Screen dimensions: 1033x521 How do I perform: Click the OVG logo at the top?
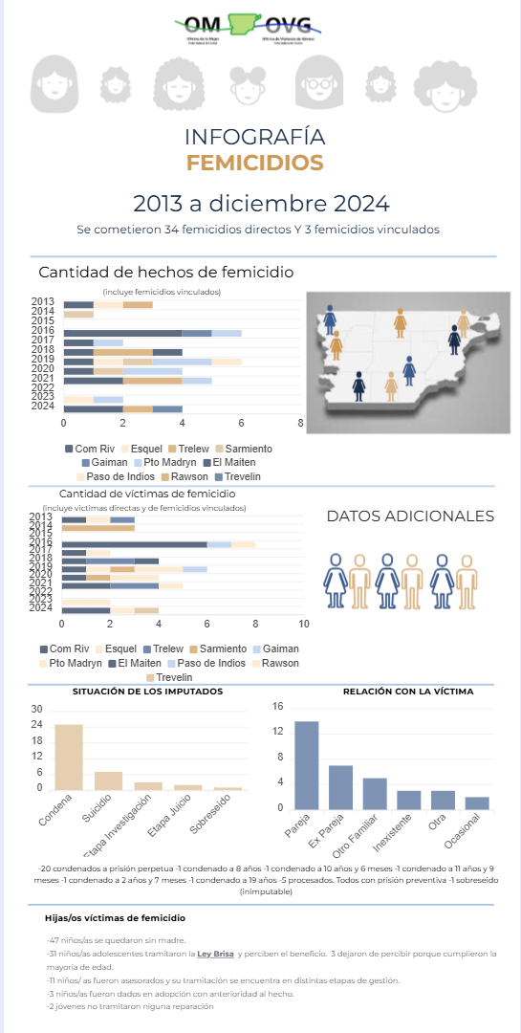[x=291, y=27]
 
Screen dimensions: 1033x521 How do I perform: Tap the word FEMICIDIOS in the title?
[x=254, y=163]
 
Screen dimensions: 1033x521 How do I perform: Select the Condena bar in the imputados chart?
[x=68, y=757]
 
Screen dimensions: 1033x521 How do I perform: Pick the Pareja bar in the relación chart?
[x=306, y=765]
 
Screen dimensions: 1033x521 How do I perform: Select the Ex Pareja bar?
[x=340, y=787]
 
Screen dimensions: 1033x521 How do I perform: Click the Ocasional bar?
[x=477, y=803]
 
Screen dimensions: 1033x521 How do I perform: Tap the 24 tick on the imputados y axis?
[x=37, y=724]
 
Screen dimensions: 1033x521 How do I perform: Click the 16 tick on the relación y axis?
[x=278, y=707]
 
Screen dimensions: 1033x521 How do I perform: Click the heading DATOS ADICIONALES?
[x=410, y=516]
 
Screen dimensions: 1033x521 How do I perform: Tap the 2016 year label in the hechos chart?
[x=42, y=331]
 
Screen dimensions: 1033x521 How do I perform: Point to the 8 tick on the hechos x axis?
[x=300, y=423]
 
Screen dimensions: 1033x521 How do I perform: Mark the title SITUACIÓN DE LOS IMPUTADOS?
[x=147, y=691]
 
